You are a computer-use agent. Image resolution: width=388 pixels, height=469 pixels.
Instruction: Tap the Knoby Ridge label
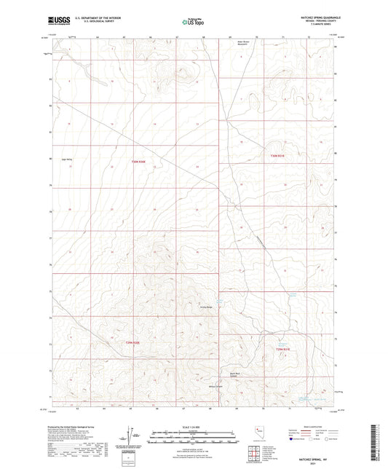click(x=206, y=307)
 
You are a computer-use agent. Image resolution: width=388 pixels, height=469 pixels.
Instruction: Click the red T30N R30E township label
click(x=139, y=162)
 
